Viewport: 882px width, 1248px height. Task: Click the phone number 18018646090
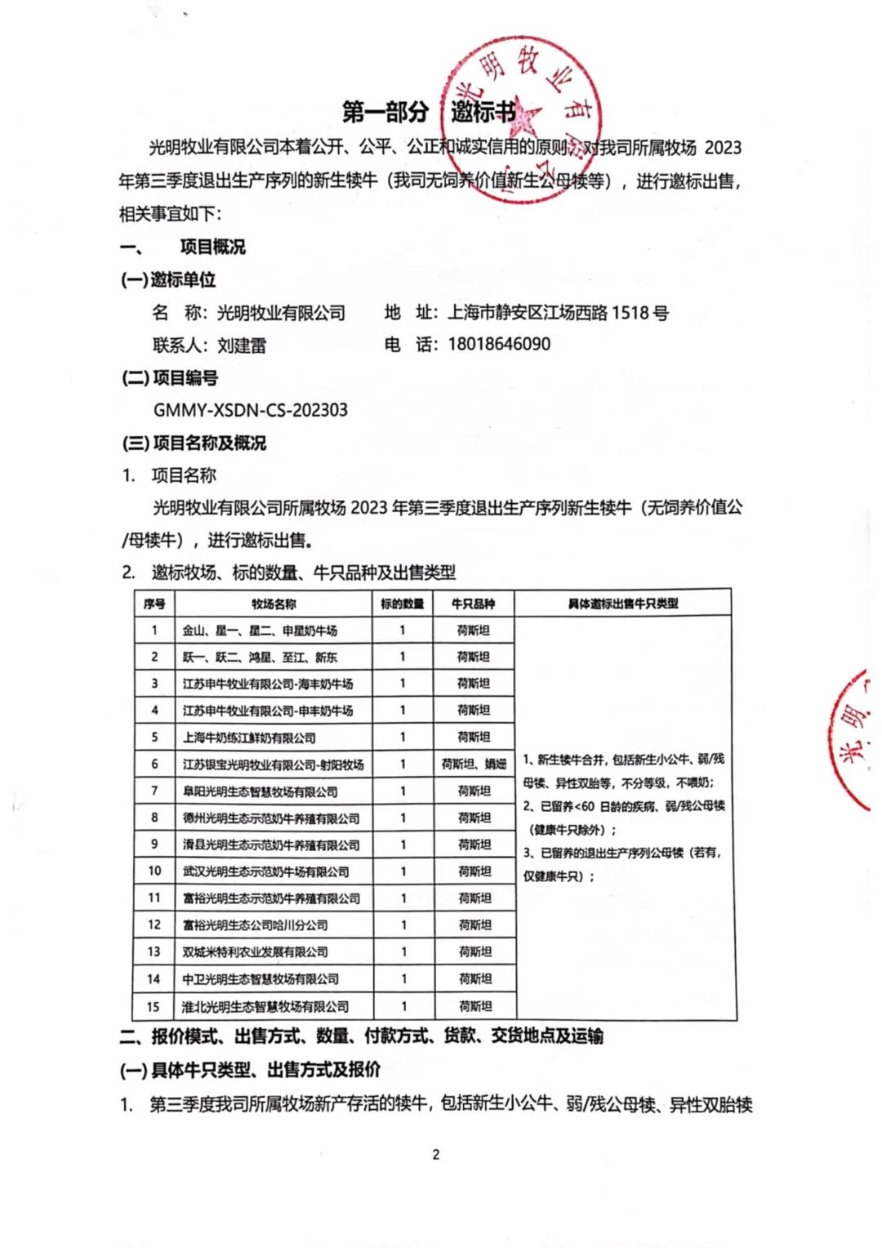(x=499, y=344)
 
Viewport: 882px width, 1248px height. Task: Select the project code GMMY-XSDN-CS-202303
(x=250, y=409)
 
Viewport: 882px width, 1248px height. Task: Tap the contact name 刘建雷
(x=242, y=345)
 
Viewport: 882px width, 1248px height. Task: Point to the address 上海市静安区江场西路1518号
(x=558, y=312)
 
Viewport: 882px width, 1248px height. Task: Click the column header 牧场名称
(x=274, y=604)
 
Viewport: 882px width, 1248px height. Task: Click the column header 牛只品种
(x=473, y=604)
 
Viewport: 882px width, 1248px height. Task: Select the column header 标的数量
(x=402, y=604)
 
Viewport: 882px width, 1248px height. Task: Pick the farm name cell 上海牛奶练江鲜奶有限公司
(x=249, y=737)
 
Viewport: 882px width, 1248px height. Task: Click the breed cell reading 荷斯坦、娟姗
(x=474, y=764)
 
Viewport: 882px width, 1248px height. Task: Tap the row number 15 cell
(x=154, y=1006)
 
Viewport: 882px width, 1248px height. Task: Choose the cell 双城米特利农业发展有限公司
(x=255, y=952)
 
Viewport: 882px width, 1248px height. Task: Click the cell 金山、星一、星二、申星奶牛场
(x=260, y=630)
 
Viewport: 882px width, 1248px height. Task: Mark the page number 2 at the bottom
(x=436, y=1154)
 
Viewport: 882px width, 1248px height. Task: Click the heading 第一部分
(x=385, y=111)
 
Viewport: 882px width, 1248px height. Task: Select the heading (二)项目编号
(x=169, y=377)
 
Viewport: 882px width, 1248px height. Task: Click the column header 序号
(x=154, y=604)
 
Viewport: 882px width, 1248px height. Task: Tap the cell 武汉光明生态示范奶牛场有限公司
(x=265, y=871)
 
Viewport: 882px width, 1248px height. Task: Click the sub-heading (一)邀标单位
(x=168, y=279)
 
